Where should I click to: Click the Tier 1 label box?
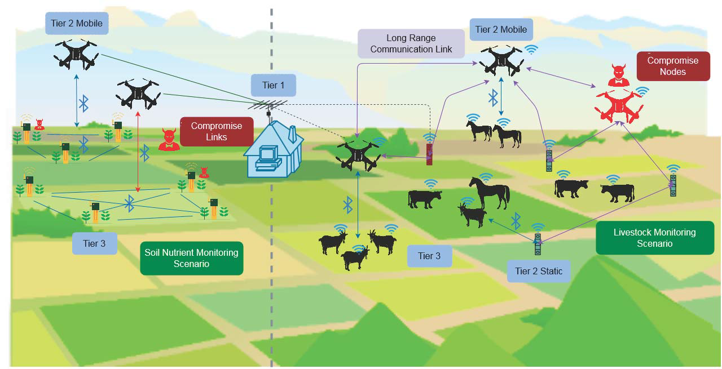(274, 85)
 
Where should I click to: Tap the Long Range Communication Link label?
(411, 44)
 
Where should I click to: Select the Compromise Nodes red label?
(672, 66)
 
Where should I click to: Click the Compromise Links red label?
(216, 131)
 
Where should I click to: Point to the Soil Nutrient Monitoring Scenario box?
(191, 258)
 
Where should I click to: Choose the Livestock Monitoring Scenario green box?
(654, 238)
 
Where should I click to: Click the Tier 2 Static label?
(538, 271)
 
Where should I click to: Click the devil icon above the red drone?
(619, 75)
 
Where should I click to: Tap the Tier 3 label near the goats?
(429, 256)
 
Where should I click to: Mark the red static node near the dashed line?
(429, 153)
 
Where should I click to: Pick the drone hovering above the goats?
(359, 154)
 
